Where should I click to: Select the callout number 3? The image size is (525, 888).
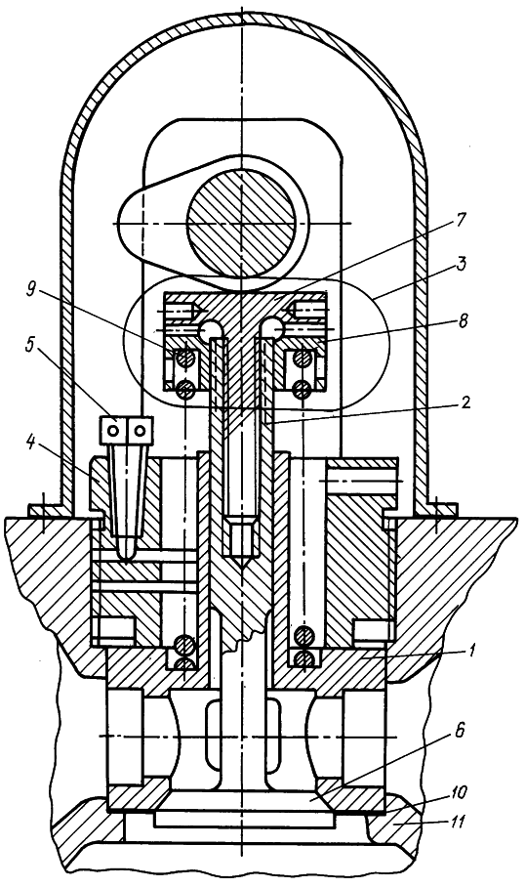pyautogui.click(x=461, y=265)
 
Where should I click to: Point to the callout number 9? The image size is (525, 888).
pyautogui.click(x=31, y=291)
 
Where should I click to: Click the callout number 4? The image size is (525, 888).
pyautogui.click(x=28, y=442)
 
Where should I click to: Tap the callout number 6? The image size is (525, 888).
pyautogui.click(x=460, y=732)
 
